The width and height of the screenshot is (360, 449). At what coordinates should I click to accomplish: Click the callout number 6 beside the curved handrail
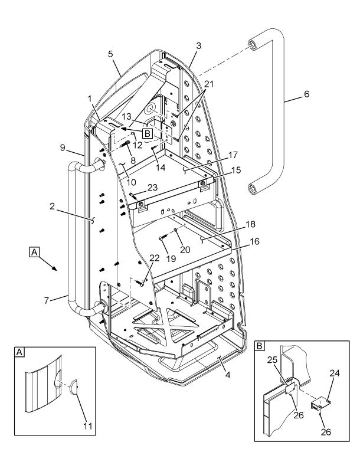pyautogui.click(x=306, y=94)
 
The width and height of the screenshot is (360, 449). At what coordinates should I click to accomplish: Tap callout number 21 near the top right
pyautogui.click(x=209, y=84)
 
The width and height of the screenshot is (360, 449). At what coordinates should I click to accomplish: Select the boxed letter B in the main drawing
pyautogui.click(x=148, y=133)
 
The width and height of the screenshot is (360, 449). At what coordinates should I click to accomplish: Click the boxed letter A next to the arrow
pyautogui.click(x=34, y=253)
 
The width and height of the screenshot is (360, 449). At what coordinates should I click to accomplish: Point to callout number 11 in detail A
pyautogui.click(x=88, y=426)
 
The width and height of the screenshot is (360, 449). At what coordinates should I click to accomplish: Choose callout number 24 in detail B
pyautogui.click(x=335, y=373)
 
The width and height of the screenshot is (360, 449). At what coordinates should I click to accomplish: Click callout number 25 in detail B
pyautogui.click(x=273, y=360)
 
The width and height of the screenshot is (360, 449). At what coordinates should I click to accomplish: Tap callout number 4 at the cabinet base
pyautogui.click(x=228, y=375)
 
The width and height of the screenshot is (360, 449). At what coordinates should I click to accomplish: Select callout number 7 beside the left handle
pyautogui.click(x=47, y=300)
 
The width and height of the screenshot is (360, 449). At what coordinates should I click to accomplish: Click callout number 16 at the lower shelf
pyautogui.click(x=254, y=241)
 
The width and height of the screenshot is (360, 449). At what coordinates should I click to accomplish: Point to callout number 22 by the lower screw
pyautogui.click(x=155, y=258)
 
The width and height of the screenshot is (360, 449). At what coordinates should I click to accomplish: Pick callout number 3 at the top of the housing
pyautogui.click(x=198, y=45)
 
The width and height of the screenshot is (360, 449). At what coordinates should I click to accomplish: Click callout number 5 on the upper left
pyautogui.click(x=110, y=54)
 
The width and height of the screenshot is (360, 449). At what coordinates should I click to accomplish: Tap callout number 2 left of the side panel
pyautogui.click(x=52, y=206)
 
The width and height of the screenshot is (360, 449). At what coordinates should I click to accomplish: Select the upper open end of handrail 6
pyautogui.click(x=252, y=45)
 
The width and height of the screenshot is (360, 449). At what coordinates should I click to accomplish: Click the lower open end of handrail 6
pyautogui.click(x=252, y=189)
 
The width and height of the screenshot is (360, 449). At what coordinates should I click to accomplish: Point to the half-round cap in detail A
pyautogui.click(x=74, y=387)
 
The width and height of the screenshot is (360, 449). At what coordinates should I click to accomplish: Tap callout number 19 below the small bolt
pyautogui.click(x=171, y=258)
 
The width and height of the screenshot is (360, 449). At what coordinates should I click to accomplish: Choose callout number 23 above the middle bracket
pyautogui.click(x=152, y=188)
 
